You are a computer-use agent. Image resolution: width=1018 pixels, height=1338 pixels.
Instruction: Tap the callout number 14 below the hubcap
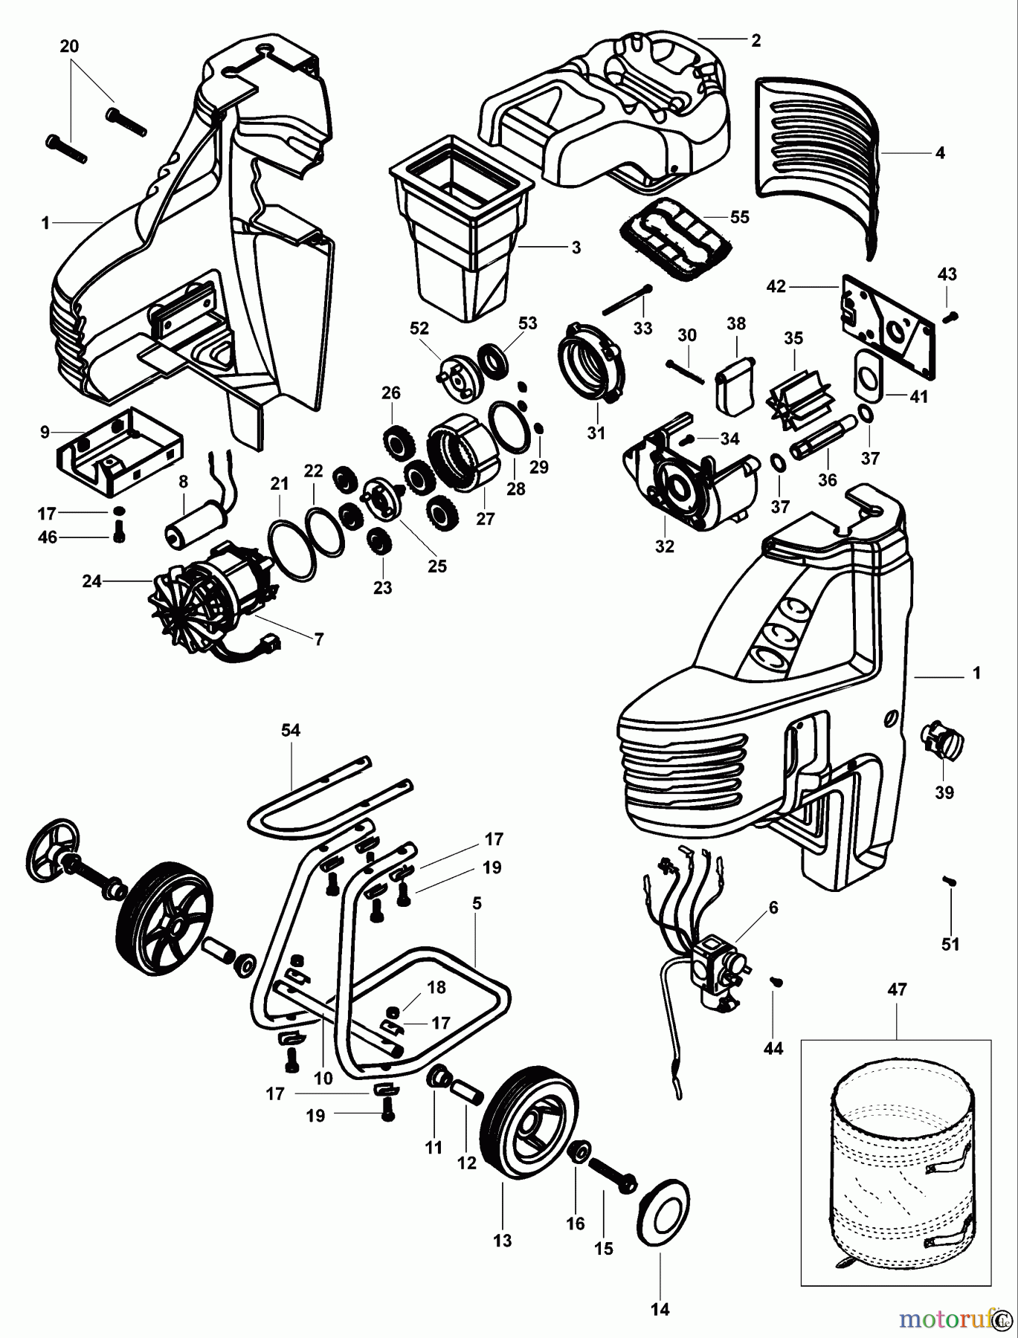pyautogui.click(x=660, y=1310)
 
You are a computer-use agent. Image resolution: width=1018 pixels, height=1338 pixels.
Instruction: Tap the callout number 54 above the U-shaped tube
pyautogui.click(x=290, y=731)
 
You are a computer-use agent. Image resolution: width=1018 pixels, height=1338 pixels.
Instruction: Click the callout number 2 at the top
pyautogui.click(x=756, y=41)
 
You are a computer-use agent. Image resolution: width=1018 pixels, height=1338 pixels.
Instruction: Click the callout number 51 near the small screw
pyautogui.click(x=951, y=945)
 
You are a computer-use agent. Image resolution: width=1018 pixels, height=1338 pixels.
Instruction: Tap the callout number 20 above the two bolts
pyautogui.click(x=68, y=47)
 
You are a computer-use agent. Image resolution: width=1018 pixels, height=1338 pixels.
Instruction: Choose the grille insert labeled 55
pyautogui.click(x=674, y=245)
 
